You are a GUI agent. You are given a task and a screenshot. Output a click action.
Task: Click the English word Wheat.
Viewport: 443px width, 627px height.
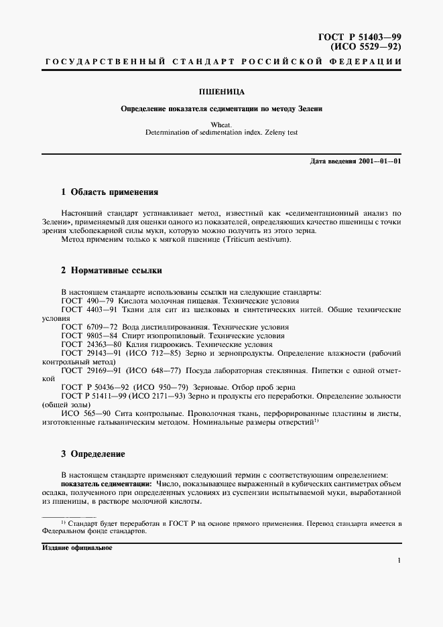[221, 125]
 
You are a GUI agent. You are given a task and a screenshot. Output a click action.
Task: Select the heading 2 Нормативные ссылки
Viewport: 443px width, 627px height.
[111, 271]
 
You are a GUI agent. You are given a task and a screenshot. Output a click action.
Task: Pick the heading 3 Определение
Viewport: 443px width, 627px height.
[93, 454]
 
